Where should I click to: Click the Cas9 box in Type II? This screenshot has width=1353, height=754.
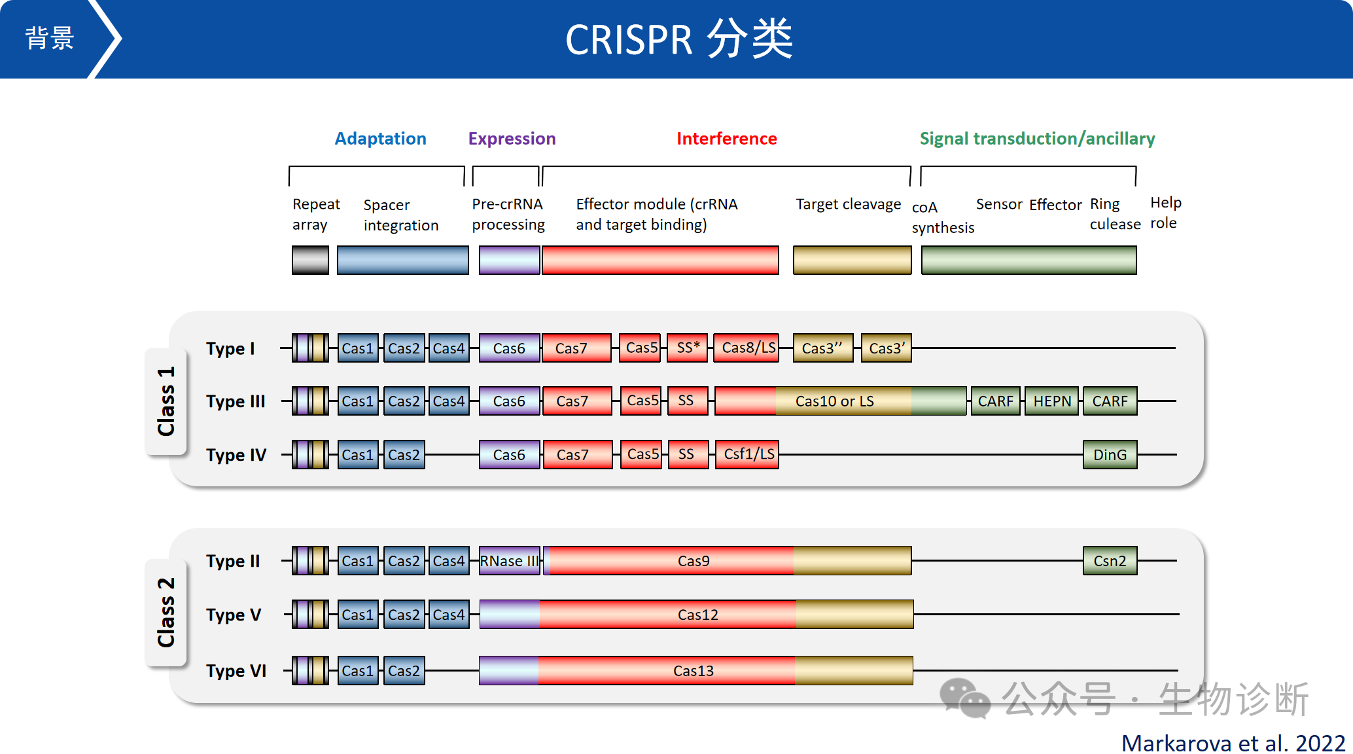click(694, 561)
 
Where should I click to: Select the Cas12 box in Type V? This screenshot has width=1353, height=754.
click(697, 615)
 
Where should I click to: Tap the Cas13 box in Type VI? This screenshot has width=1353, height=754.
click(694, 671)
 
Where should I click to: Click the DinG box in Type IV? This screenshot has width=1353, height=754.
click(1110, 455)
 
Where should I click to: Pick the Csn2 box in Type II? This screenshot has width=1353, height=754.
click(1110, 561)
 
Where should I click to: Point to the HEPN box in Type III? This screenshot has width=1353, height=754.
click(1052, 401)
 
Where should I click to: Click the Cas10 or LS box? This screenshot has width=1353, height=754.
click(835, 401)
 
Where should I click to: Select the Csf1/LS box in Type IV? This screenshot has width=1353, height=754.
click(748, 454)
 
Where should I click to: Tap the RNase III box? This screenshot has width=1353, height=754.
click(509, 561)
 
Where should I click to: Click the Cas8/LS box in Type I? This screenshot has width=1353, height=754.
click(748, 348)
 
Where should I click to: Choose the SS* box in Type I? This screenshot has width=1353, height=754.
click(688, 348)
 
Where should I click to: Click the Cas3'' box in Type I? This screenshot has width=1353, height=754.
click(822, 348)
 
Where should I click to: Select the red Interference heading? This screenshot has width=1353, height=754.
click(726, 139)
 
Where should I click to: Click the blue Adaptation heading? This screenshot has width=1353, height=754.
click(380, 139)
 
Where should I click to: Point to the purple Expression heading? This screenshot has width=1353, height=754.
click(512, 139)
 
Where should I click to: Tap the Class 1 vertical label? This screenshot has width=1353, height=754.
click(166, 401)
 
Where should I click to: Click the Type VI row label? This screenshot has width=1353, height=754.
click(236, 671)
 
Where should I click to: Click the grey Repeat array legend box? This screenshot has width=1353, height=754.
click(310, 260)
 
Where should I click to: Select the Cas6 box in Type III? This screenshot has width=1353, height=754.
click(509, 401)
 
